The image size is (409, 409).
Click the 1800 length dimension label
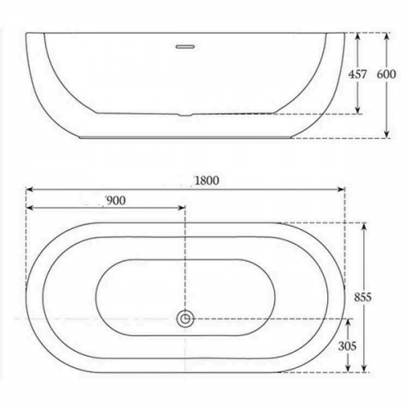point(207,181)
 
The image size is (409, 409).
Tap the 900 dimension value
point(116,200)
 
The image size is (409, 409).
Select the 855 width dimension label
point(363,297)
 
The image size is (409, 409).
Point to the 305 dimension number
point(348,346)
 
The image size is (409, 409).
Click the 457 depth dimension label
point(357,74)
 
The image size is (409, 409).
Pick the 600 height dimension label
point(386,74)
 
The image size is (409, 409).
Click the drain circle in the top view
point(186,318)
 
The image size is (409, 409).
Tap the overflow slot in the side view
point(185,47)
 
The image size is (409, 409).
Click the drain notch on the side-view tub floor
point(185,115)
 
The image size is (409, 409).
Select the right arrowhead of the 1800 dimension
point(342,190)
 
